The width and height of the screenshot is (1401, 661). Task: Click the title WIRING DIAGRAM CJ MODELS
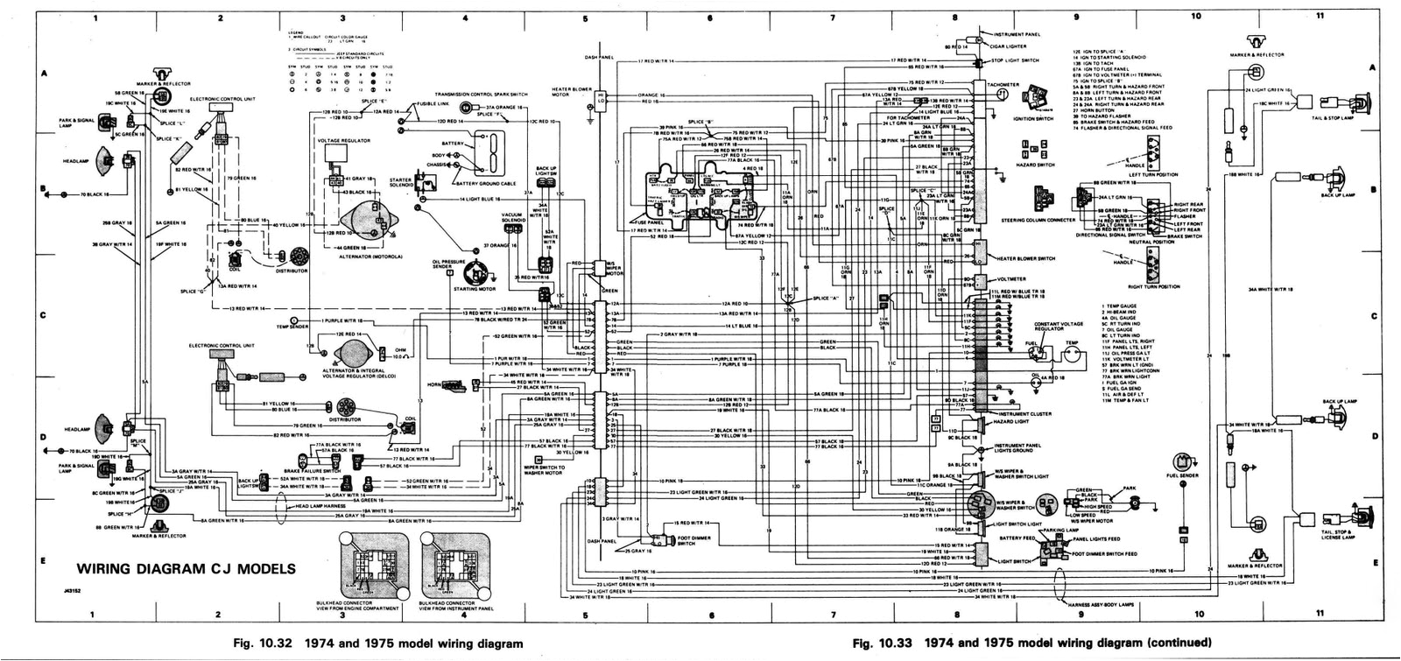(x=186, y=568)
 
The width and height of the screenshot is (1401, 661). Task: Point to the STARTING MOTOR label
(x=471, y=288)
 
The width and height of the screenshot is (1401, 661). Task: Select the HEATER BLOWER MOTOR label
(x=571, y=91)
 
